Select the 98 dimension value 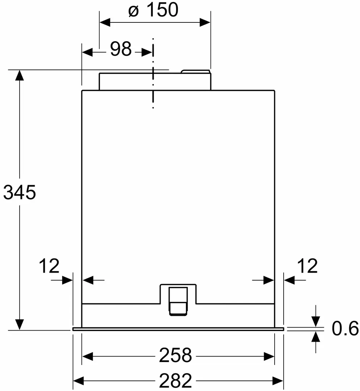pos(120,49)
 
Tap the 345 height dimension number pos(19,192)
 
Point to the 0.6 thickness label pos(345,329)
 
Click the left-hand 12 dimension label pos(49,266)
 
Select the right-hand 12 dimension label pos(307,266)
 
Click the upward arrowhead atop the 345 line pos(20,75)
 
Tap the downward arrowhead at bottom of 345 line pos(20,324)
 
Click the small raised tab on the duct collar pos(195,72)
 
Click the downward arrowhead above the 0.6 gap pos(316,321)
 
